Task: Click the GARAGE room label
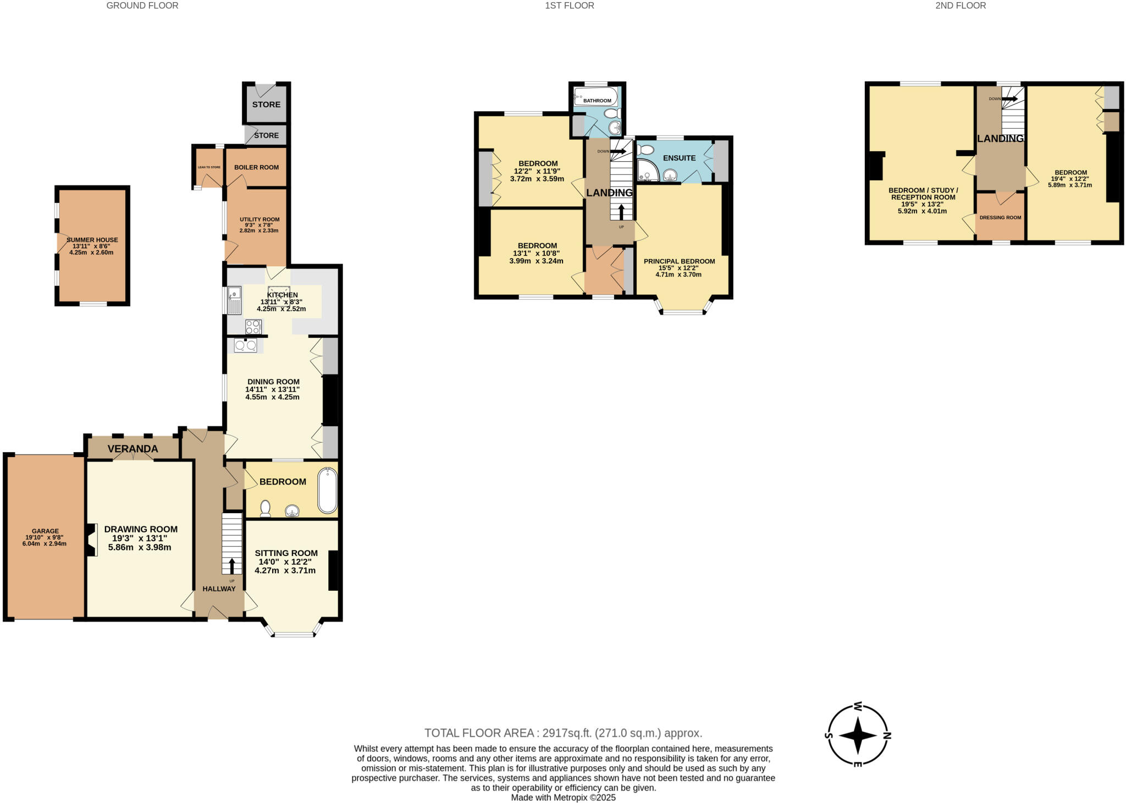point(45,531)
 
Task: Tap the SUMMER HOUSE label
point(92,240)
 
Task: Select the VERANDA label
point(133,449)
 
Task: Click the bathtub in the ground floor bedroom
point(327,491)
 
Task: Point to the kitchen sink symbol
point(235,300)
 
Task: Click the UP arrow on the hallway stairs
point(231,566)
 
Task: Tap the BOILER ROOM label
point(256,167)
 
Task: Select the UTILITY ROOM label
point(260,219)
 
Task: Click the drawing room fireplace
point(91,540)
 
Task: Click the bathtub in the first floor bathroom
point(595,97)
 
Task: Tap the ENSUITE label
point(679,158)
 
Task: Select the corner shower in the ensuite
point(647,170)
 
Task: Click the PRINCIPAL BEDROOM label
point(679,261)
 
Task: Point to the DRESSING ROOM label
point(1000,217)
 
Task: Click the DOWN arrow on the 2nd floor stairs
point(1009,99)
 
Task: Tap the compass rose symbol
point(858,735)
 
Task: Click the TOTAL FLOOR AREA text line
point(563,733)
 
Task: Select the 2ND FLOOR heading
point(961,5)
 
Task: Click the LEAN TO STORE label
point(209,167)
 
